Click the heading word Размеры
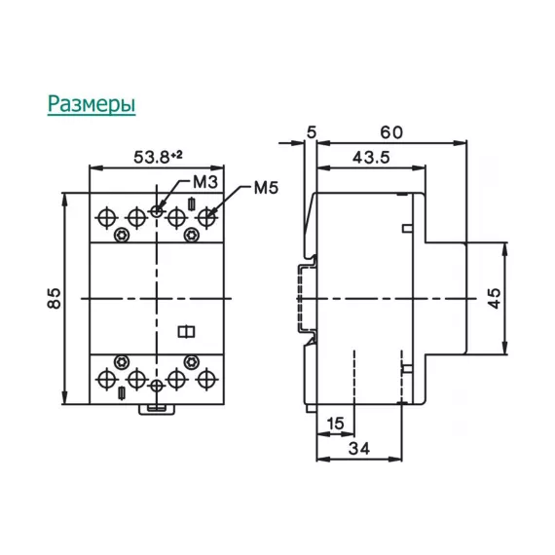pos(92,103)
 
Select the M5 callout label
pos(266,188)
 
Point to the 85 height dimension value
pos(55,298)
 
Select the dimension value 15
pos(334,423)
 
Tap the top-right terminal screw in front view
pos(205,215)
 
